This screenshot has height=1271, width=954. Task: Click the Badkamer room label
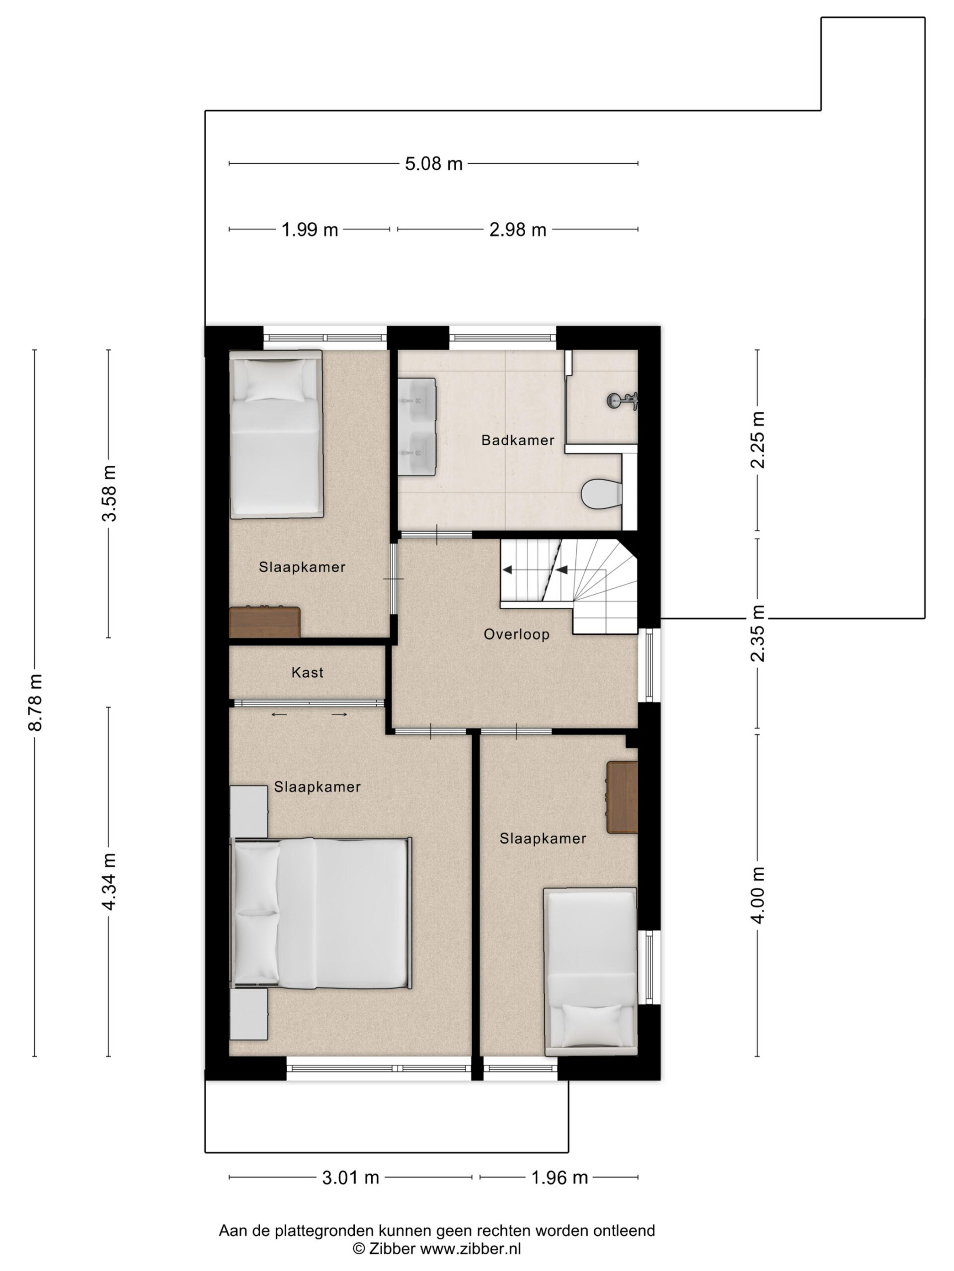point(518,440)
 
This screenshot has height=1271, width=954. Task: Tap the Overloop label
point(516,635)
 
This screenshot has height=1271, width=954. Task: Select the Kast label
point(307,672)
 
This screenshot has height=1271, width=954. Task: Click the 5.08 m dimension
point(434,164)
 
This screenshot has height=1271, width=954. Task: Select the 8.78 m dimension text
point(36,702)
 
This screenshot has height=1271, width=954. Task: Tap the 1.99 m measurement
point(310,230)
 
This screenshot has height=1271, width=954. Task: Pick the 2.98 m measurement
point(518,230)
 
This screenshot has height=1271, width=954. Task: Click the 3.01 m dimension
point(350,1178)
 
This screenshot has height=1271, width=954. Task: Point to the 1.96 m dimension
point(559,1178)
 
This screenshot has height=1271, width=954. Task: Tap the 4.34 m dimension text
point(109,881)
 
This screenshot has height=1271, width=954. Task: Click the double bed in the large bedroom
point(321,913)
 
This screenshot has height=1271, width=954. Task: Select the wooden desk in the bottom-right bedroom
point(622,797)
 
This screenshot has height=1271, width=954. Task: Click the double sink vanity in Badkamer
point(417,426)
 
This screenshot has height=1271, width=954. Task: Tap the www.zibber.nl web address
point(471,1248)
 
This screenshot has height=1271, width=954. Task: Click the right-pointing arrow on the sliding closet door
point(339,715)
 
